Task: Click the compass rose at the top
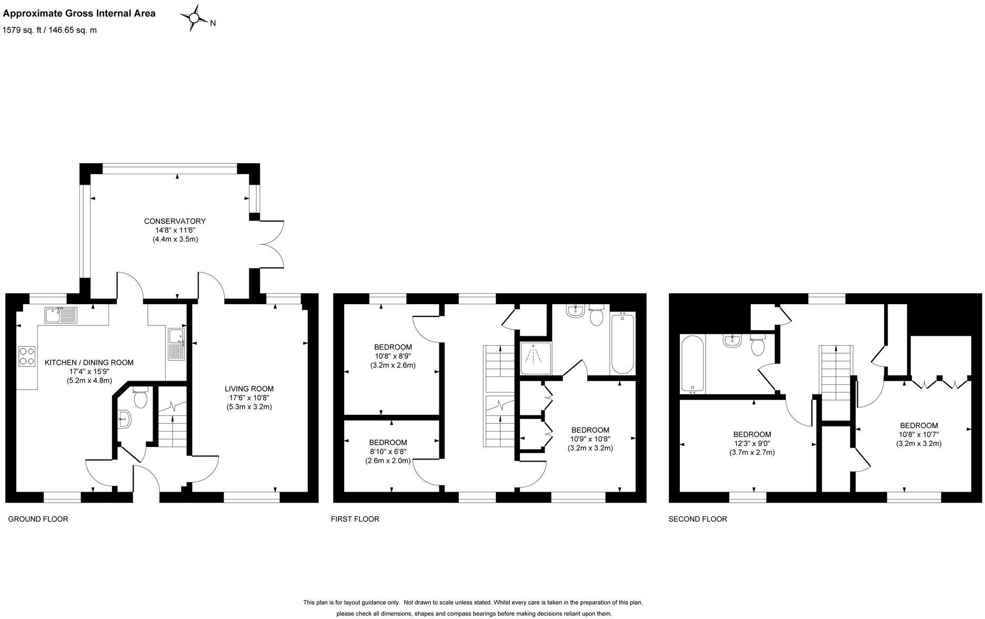(x=194, y=18)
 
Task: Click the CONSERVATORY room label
(x=175, y=221)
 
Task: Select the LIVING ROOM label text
(x=249, y=389)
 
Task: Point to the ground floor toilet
(x=140, y=398)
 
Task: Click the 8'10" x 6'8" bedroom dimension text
(x=388, y=452)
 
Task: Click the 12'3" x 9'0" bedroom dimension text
(x=752, y=443)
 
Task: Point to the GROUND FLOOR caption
(x=38, y=519)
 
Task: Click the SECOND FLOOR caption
(x=698, y=519)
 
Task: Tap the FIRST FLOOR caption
(x=355, y=519)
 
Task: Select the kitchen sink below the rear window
(x=61, y=315)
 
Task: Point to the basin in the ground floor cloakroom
(x=124, y=420)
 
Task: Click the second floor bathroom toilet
(x=758, y=345)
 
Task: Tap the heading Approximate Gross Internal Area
(x=79, y=14)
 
